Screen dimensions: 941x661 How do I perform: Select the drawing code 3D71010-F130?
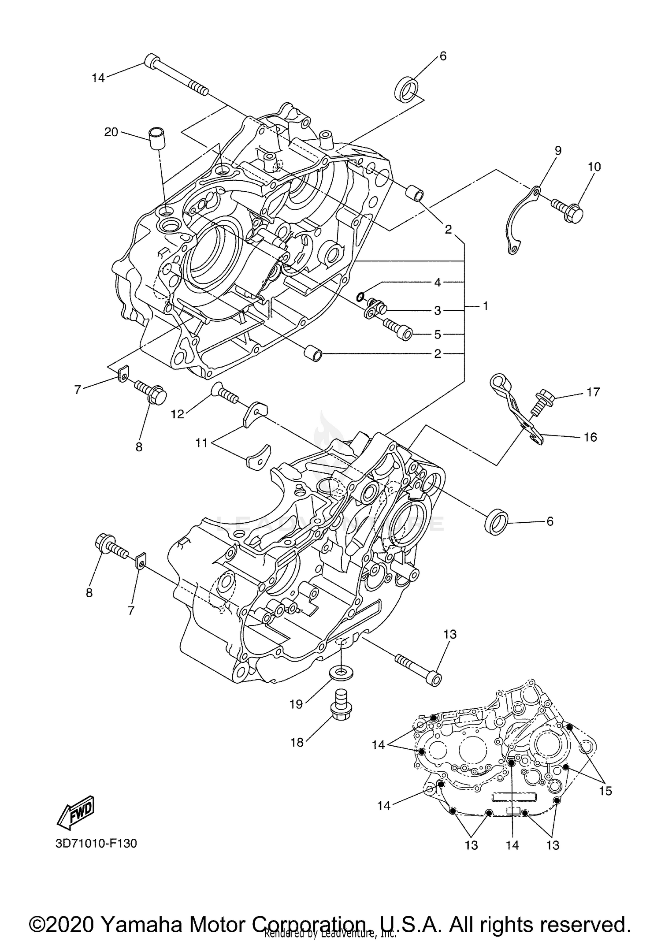pyautogui.click(x=97, y=843)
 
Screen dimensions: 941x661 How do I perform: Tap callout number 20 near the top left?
pyautogui.click(x=111, y=132)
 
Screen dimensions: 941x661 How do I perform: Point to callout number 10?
pyautogui.click(x=594, y=167)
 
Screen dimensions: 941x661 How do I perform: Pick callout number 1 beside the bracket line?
pyautogui.click(x=485, y=305)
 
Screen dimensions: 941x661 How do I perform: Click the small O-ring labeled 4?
pyautogui.click(x=360, y=296)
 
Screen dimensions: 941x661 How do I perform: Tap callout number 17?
pyautogui.click(x=593, y=391)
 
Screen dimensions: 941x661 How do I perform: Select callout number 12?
pyautogui.click(x=178, y=414)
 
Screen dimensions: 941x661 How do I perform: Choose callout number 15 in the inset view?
pyautogui.click(x=605, y=791)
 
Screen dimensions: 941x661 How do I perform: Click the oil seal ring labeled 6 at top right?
pyautogui.click(x=406, y=89)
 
